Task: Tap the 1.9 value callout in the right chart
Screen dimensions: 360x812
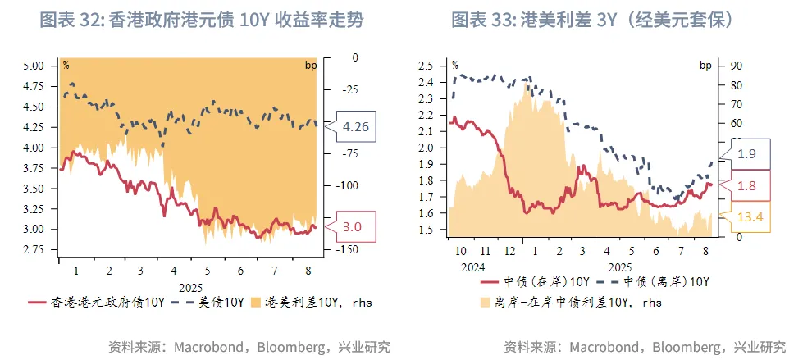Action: pos(746,153)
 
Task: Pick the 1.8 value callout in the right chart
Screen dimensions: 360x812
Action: pos(746,185)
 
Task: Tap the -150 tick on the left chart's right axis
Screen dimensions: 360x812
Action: pos(349,249)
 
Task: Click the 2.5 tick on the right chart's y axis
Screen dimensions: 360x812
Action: pos(426,65)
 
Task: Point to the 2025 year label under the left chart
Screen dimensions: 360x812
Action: pos(190,287)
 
